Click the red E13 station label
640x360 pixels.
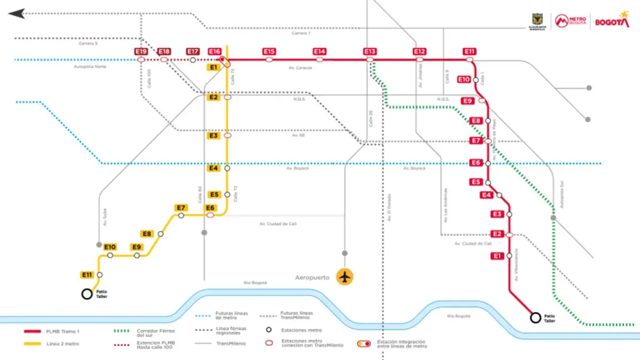[x=370, y=51]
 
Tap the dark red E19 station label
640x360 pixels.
[x=141, y=51]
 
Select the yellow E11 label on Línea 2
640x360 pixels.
[x=87, y=275]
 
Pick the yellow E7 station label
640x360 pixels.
[x=181, y=207]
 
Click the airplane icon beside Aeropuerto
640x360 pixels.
[x=346, y=277]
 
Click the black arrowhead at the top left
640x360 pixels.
[x=17, y=14]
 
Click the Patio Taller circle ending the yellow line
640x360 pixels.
[x=86, y=294]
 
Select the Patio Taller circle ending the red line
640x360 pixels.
[x=535, y=318]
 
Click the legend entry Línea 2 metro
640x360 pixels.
[x=62, y=344]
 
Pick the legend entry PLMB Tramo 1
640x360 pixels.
[x=63, y=331]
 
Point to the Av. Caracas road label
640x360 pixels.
[x=300, y=68]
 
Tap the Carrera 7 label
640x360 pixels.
[x=301, y=33]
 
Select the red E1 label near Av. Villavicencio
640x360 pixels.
[x=497, y=256]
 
